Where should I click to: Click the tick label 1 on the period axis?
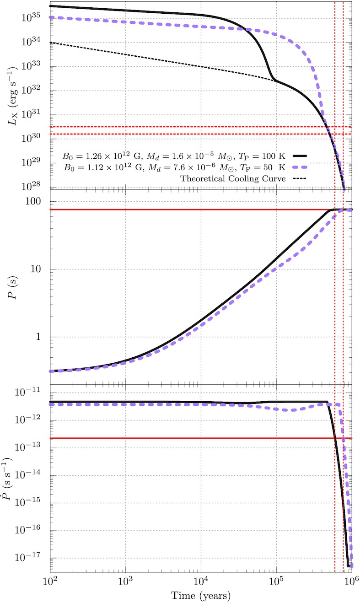(x=42, y=337)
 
